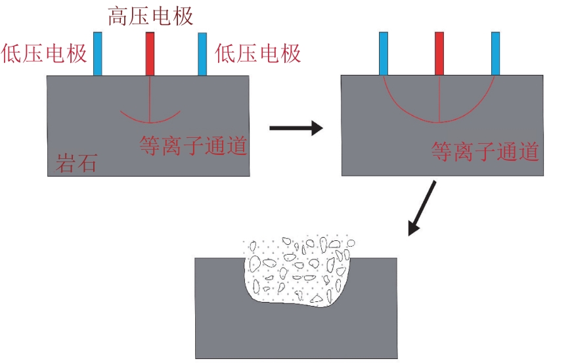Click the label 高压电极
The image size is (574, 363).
point(150,17)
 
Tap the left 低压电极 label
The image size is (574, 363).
point(44,53)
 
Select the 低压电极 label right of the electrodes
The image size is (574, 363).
point(257,53)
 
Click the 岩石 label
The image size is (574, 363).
point(76,163)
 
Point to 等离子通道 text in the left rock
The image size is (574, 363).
point(193,145)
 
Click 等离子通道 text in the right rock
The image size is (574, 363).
point(485,152)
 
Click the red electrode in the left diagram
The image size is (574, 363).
point(150,54)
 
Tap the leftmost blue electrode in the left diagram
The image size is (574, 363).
point(97,54)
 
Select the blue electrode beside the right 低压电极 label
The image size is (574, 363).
point(202,54)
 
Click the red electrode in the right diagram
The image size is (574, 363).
point(439,53)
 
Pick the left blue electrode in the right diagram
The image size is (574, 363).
point(384,53)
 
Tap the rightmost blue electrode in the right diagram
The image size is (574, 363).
point(495,53)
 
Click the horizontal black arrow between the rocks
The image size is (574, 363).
point(296,128)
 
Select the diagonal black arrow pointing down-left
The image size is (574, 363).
point(422,208)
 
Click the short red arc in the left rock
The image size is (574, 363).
point(150,122)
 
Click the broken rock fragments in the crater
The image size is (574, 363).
point(298,272)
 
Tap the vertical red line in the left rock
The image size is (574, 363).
point(150,99)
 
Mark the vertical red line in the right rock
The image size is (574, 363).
point(439,99)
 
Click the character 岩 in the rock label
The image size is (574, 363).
point(66,163)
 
